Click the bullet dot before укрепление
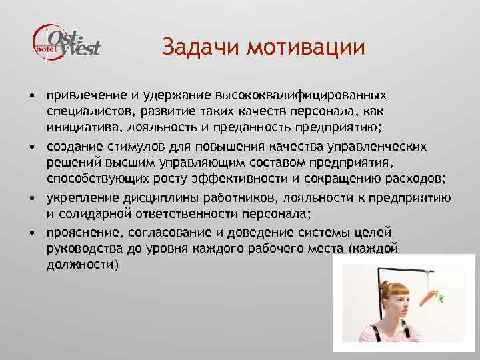[x=32, y=199]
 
